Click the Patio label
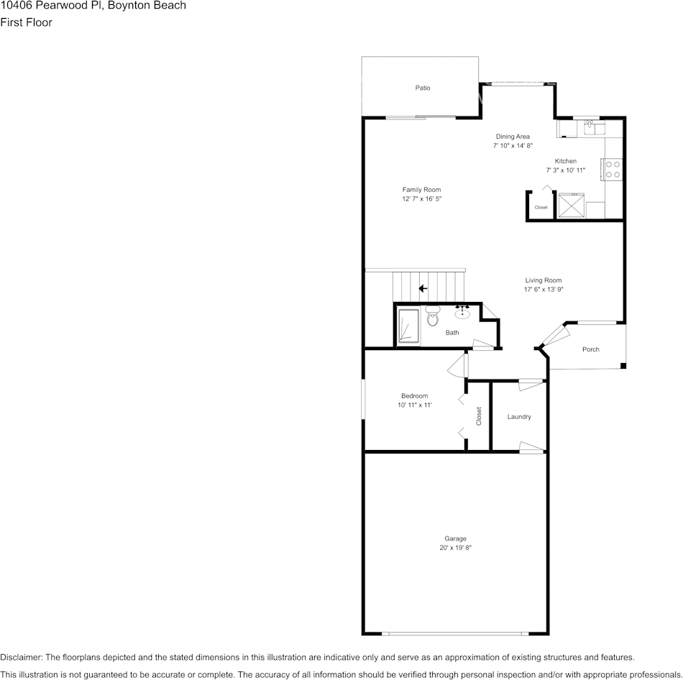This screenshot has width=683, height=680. click(x=423, y=88)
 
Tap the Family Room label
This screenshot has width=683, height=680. click(x=421, y=190)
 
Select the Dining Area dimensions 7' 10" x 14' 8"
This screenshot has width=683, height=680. click(x=513, y=145)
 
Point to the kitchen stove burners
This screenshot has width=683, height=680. click(x=613, y=169)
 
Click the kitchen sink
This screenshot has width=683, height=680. click(x=595, y=129)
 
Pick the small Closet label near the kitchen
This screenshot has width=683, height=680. click(x=541, y=208)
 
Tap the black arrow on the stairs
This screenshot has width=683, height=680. click(x=423, y=288)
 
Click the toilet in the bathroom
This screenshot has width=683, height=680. click(x=432, y=316)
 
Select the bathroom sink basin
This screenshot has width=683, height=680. click(x=462, y=313)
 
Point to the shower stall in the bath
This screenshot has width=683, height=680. click(x=408, y=326)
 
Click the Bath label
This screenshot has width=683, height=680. click(x=452, y=333)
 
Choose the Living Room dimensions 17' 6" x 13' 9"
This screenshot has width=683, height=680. click(x=543, y=290)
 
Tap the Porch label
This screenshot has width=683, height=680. click(x=591, y=349)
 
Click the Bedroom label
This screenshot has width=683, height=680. click(x=414, y=396)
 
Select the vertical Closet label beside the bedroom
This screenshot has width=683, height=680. click(x=479, y=416)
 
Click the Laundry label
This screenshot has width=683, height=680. click(x=519, y=417)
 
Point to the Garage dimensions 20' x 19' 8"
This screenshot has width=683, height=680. click(x=455, y=548)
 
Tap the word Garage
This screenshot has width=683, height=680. click(x=455, y=538)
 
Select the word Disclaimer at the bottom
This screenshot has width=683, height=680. click(x=21, y=657)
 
